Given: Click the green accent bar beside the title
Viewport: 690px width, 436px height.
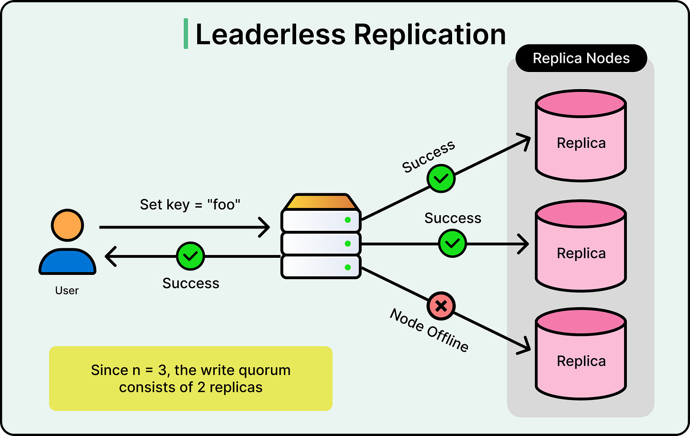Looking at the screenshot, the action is tap(186, 34).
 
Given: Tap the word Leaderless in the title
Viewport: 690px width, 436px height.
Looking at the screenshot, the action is tap(271, 34).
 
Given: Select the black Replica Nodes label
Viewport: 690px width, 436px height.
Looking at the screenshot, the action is tap(581, 58).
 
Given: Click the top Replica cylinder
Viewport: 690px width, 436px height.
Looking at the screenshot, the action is tap(581, 136).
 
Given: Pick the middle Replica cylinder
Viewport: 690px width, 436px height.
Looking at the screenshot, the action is tap(581, 246).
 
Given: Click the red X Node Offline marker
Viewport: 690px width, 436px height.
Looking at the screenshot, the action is tap(441, 306).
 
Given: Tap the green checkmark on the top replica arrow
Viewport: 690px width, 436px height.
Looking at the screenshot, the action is tap(441, 179).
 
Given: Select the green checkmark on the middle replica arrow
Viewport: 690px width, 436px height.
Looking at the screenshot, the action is tap(452, 244).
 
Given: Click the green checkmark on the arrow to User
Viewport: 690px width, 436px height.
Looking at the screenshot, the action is tap(191, 256).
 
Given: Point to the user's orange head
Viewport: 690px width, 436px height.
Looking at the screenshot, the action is tap(67, 225).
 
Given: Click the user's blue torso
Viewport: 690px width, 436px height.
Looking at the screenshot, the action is tap(67, 261).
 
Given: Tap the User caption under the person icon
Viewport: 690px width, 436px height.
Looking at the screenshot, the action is tap(67, 291).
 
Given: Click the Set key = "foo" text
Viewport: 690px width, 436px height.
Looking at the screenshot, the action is tap(190, 205).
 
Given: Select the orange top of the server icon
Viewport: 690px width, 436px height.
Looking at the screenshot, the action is tap(321, 202).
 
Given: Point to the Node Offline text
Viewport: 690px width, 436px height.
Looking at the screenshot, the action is tap(429, 330).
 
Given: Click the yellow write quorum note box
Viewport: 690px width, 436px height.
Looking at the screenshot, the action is tap(191, 378).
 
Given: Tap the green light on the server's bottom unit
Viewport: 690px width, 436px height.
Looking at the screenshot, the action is tap(348, 267).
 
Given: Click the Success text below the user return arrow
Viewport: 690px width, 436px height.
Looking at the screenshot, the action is tap(191, 283).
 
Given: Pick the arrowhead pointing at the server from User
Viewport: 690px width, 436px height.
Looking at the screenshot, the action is tap(264, 227).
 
